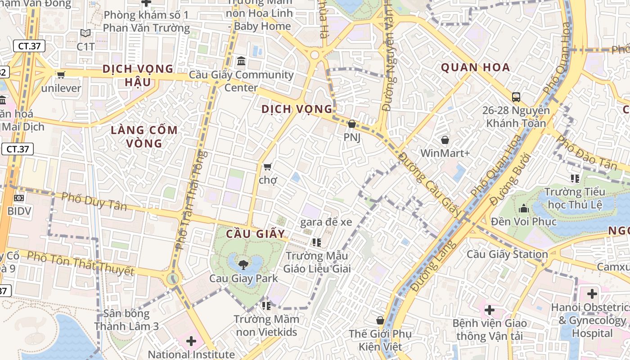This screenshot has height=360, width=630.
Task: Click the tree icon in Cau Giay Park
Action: [x=243, y=265]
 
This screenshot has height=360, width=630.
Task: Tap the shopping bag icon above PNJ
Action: [x=352, y=123]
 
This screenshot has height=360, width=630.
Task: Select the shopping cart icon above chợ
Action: [x=267, y=167]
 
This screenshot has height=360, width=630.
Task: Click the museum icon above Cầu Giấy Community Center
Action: [x=241, y=61]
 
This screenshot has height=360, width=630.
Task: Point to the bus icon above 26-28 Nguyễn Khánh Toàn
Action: [x=516, y=97]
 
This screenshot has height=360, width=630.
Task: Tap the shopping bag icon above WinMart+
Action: [x=445, y=140]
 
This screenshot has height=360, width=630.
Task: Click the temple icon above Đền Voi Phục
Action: [x=523, y=208]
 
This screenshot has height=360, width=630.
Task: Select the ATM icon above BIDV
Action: [x=19, y=198]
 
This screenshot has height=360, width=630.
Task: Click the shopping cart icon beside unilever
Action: [x=61, y=75]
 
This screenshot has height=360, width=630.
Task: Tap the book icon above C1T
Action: [x=85, y=33]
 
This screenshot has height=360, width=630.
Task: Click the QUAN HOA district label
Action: [x=476, y=67]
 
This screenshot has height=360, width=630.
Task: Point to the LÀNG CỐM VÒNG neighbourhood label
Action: [x=144, y=137]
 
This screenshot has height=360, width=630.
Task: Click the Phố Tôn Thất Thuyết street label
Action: [x=81, y=263]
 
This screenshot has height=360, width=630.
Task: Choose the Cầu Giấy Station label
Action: [x=507, y=254]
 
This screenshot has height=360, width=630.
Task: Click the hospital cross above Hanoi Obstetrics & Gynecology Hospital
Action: [x=592, y=294]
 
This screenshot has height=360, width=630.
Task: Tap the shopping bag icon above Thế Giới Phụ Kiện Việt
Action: [x=380, y=320]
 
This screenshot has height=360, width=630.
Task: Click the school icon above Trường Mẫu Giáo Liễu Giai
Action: [x=316, y=243]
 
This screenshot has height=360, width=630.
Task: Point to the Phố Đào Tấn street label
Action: [x=586, y=153]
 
